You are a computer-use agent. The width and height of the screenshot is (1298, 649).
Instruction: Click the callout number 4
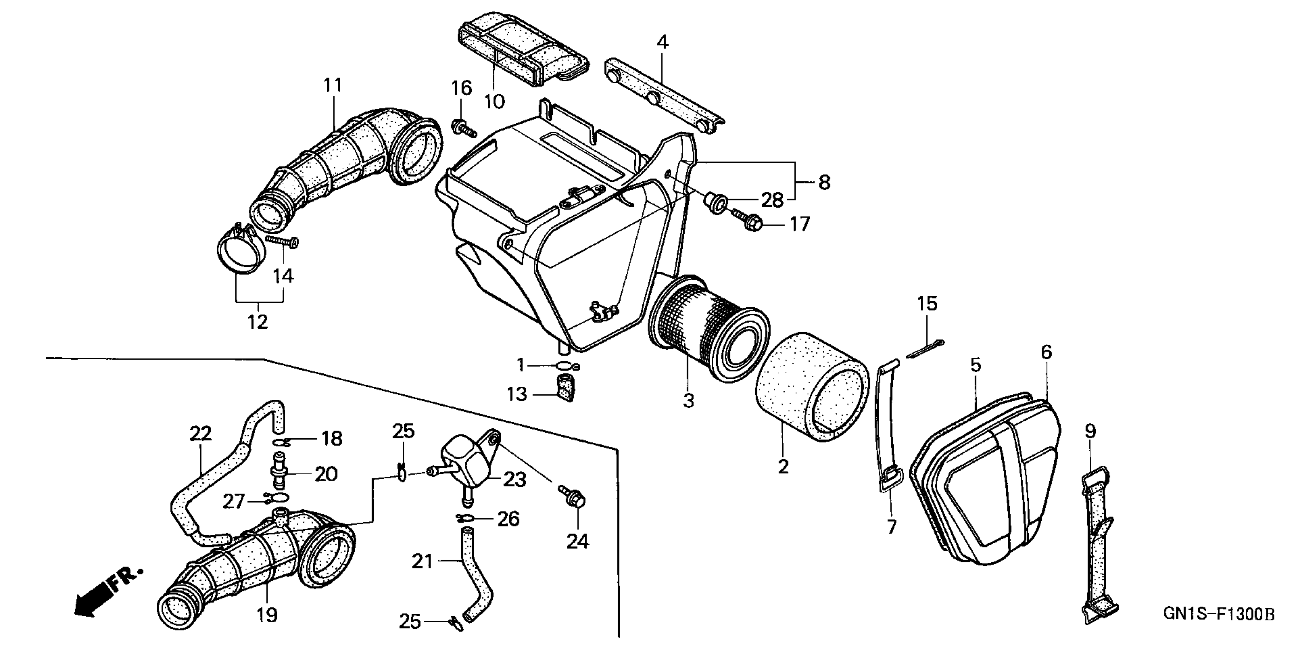click(x=663, y=42)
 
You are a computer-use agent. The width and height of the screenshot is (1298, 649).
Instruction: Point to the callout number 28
click(x=772, y=201)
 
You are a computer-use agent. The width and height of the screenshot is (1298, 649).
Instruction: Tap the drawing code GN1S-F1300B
click(x=1218, y=628)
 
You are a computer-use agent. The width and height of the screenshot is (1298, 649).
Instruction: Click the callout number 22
click(x=201, y=434)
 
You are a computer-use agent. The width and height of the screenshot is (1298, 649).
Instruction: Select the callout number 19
click(x=267, y=615)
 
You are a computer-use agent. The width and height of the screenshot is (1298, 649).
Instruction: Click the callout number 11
click(x=332, y=85)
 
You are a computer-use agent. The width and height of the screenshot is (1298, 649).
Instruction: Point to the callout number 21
click(x=422, y=561)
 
